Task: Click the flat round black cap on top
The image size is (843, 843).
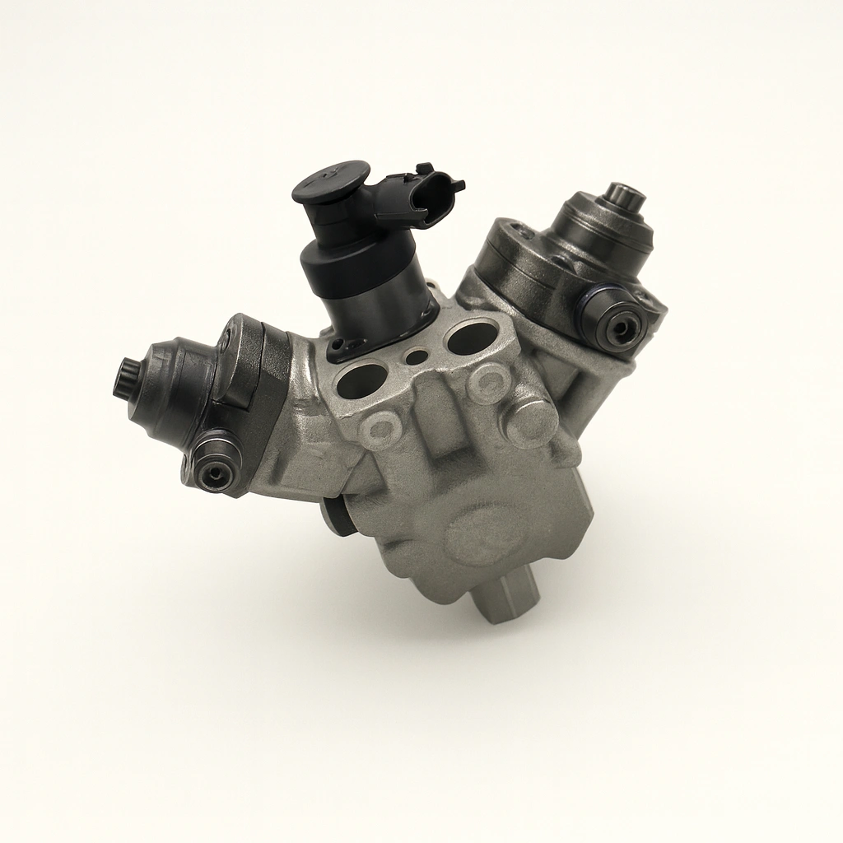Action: point(330,179)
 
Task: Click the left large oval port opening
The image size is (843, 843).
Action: point(362,380)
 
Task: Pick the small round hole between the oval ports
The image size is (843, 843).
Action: point(417,358)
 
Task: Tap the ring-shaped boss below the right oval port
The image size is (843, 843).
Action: point(489,382)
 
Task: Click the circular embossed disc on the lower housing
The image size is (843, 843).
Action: point(487,534)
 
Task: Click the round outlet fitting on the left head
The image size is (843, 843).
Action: point(216,471)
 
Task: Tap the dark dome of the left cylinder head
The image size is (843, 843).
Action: point(169,394)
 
